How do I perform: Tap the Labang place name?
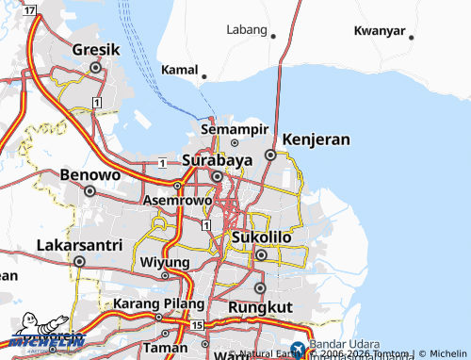pyautogui.click(x=248, y=29)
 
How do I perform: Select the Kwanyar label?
pyautogui.click(x=379, y=30)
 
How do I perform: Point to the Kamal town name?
pyautogui.click(x=178, y=70)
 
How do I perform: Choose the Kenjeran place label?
pyautogui.click(x=316, y=139)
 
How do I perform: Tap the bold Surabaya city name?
pyautogui.click(x=217, y=159)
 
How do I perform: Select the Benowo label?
pyautogui.click(x=89, y=174)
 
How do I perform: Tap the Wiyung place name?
pyautogui.click(x=165, y=261)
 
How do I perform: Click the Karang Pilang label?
pyautogui.click(x=159, y=304)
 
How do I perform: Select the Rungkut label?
pyautogui.click(x=260, y=307)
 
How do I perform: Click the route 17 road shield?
pyautogui.click(x=30, y=10)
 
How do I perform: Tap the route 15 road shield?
pyautogui.click(x=196, y=325)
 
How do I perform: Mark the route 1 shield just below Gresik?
pyautogui.click(x=97, y=101)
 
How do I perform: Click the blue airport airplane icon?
pyautogui.click(x=299, y=350)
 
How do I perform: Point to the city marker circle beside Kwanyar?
pyautogui.click(x=412, y=37)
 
